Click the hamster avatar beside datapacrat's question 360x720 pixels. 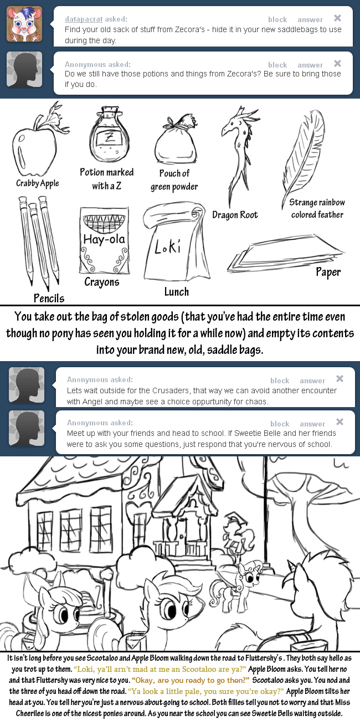[x=24, y=24]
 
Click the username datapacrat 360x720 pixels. [x=84, y=19]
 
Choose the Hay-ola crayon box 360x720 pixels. [x=104, y=240]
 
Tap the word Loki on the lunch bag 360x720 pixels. [x=168, y=246]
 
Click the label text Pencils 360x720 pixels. [x=49, y=299]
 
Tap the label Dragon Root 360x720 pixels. [x=235, y=215]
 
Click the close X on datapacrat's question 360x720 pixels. [x=337, y=18]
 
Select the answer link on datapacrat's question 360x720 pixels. [x=310, y=19]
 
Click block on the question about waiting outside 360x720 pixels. [x=280, y=380]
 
